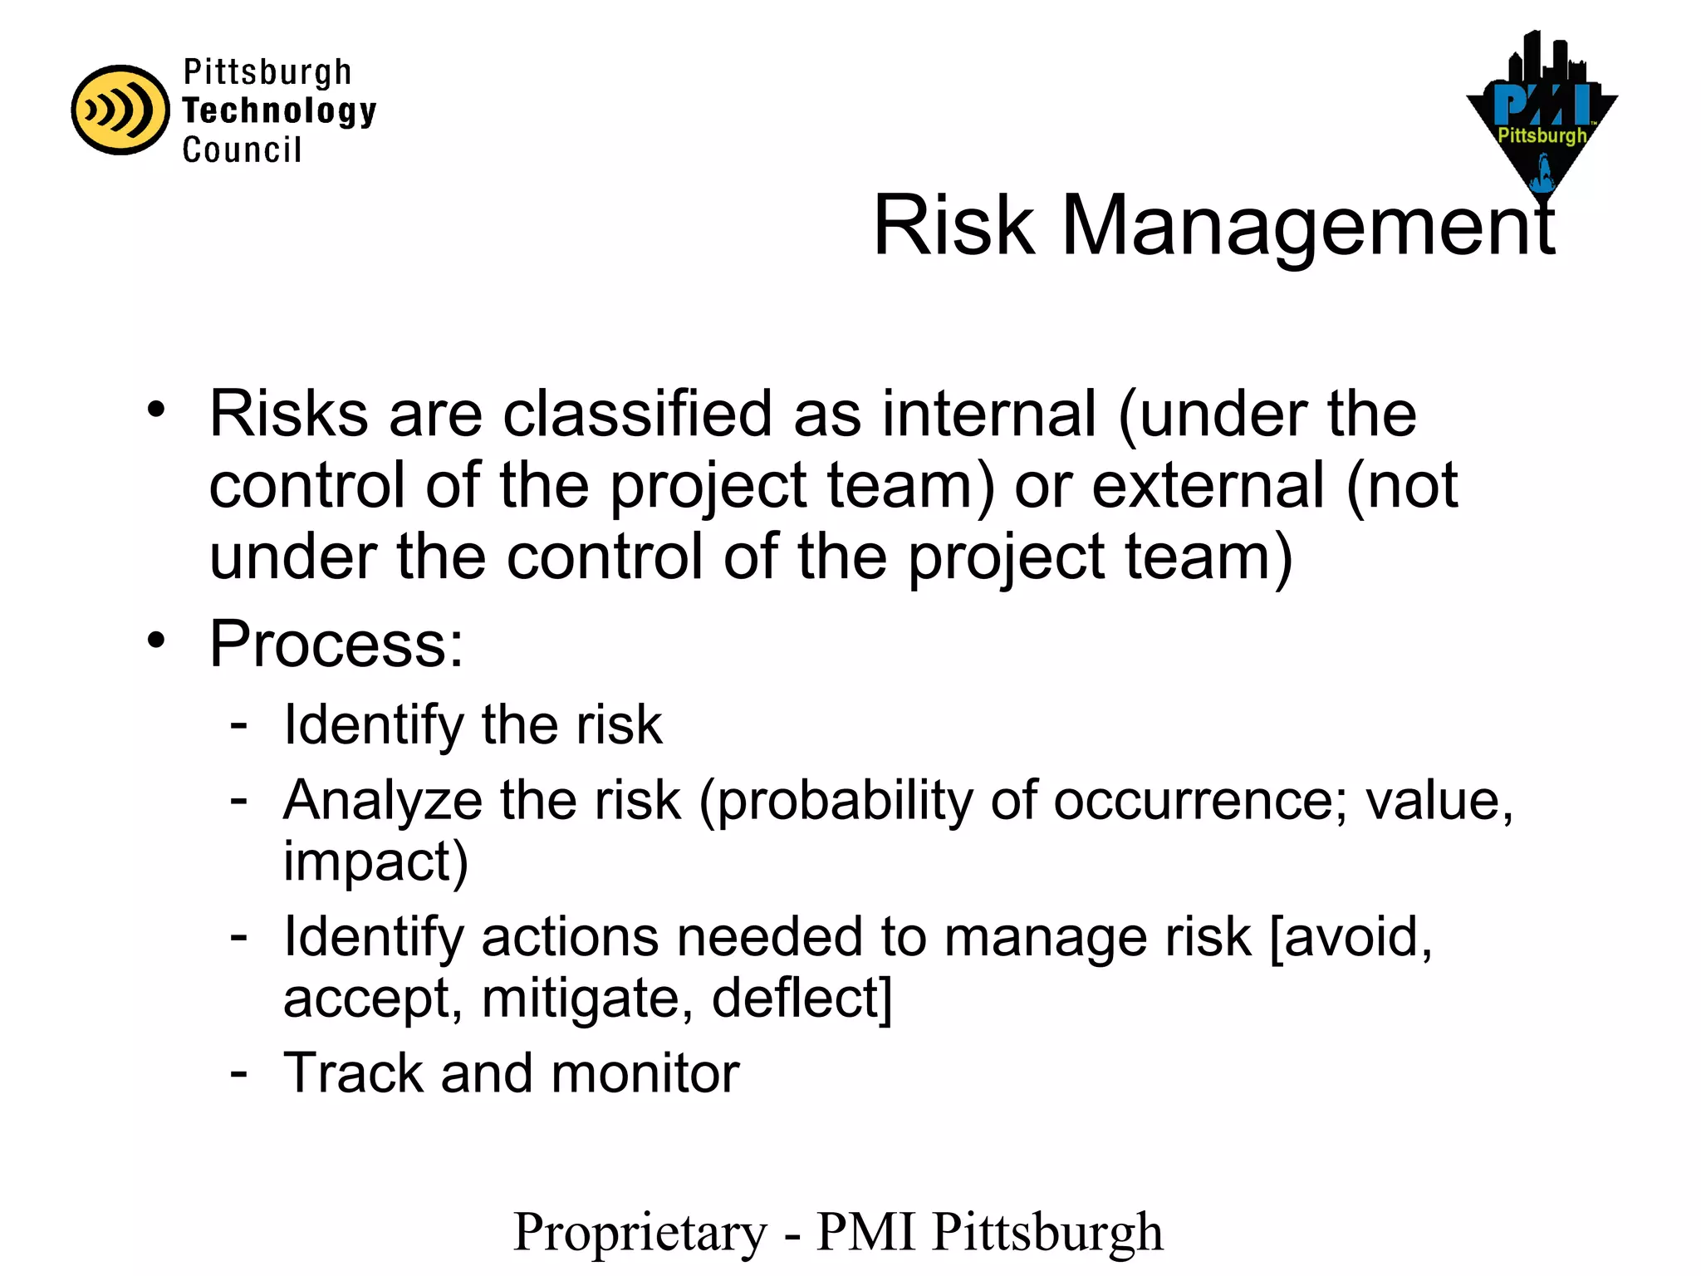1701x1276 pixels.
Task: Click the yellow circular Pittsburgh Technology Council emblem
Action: pos(120,110)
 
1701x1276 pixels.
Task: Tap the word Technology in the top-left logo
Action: pos(279,110)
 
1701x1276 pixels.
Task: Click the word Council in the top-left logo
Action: pos(242,150)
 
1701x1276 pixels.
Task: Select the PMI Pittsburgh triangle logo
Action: pos(1542,116)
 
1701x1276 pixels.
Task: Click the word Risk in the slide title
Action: pos(953,225)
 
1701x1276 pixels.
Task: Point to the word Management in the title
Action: pos(1308,227)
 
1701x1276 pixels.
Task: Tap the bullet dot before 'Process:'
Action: pos(156,640)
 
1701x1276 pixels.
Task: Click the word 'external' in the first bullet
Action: pos(1208,485)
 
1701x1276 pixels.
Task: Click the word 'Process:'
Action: pos(336,644)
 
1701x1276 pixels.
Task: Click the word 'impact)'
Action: pos(375,861)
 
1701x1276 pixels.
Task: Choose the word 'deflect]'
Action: pos(801,998)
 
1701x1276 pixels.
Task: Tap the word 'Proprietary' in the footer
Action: pos(640,1232)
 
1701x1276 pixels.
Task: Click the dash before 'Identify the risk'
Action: pos(239,725)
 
